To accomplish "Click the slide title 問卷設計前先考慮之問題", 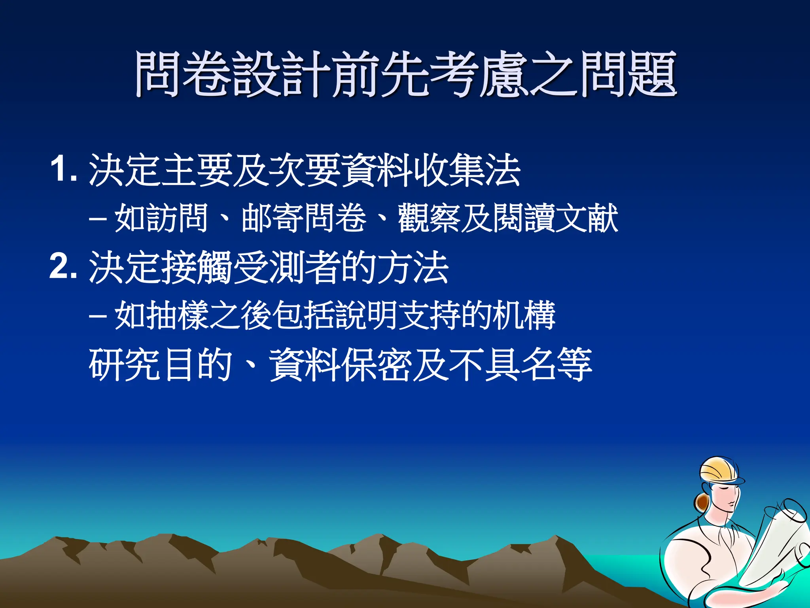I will (406, 74).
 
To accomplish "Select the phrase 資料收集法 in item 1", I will (431, 170).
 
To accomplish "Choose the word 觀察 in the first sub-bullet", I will (429, 218).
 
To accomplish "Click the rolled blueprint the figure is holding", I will (775, 542).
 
